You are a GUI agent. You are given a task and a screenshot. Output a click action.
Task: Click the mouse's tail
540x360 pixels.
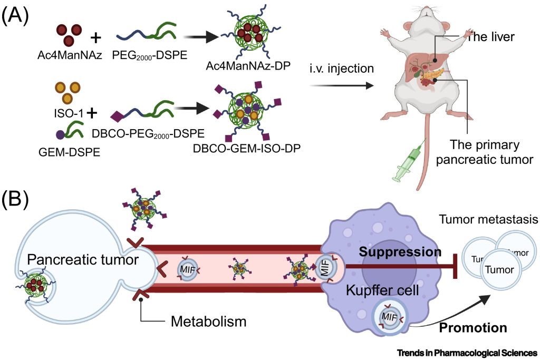[x=424, y=158]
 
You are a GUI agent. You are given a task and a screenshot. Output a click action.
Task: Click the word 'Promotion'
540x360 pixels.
[x=474, y=327]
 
